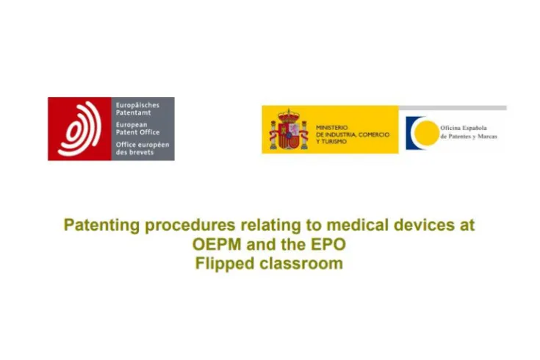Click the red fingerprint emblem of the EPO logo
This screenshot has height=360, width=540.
(x=80, y=129)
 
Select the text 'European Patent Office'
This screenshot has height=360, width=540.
(x=136, y=129)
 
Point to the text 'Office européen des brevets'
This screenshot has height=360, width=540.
(x=143, y=148)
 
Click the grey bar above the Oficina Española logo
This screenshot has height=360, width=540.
(x=453, y=108)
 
